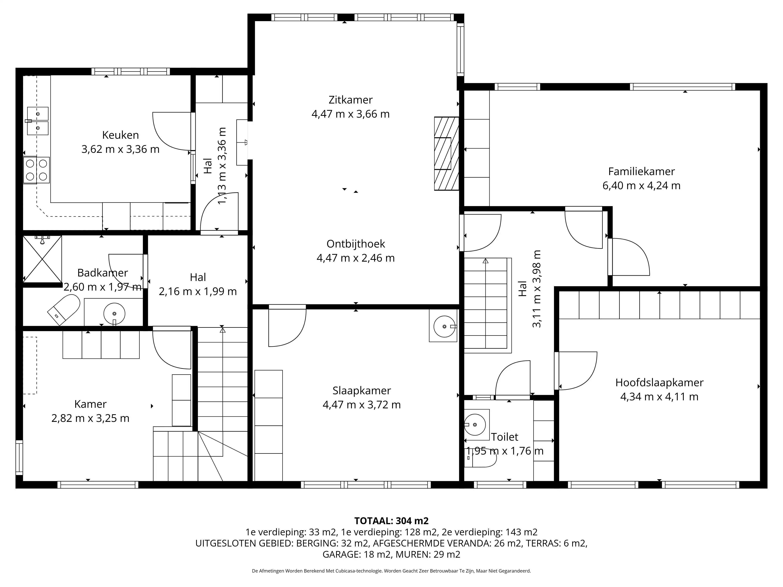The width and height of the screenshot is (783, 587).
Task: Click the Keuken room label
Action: point(120,135)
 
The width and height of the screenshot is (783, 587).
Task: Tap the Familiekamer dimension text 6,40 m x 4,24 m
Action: point(641,185)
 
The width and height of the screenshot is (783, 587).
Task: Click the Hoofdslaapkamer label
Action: point(659,383)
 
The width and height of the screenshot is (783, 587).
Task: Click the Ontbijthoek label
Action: point(356,244)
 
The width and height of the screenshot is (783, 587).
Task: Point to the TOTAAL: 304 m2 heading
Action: point(391,521)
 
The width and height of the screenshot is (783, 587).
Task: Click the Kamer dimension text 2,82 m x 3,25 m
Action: point(90,418)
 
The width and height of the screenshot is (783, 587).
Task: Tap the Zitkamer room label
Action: point(350,100)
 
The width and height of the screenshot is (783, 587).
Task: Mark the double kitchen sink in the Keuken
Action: point(38,121)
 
